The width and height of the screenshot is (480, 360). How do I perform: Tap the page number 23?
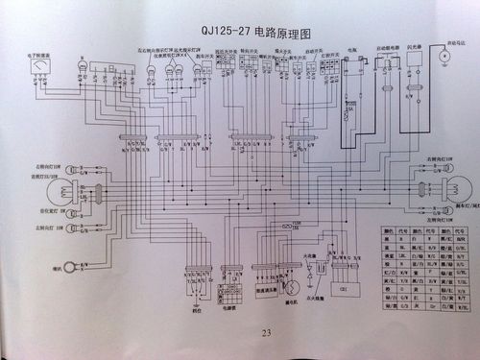click(240, 333)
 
